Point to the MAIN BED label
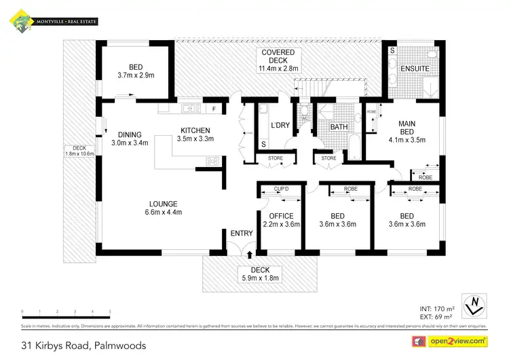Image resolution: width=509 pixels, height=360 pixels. (410, 128)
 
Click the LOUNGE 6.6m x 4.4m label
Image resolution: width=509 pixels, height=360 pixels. (163, 208)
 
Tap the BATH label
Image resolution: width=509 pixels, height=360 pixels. (339, 128)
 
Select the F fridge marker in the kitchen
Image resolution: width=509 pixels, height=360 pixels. (214, 109)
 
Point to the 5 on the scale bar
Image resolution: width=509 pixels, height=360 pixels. (110, 312)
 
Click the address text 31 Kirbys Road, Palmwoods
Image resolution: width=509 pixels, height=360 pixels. (84, 345)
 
